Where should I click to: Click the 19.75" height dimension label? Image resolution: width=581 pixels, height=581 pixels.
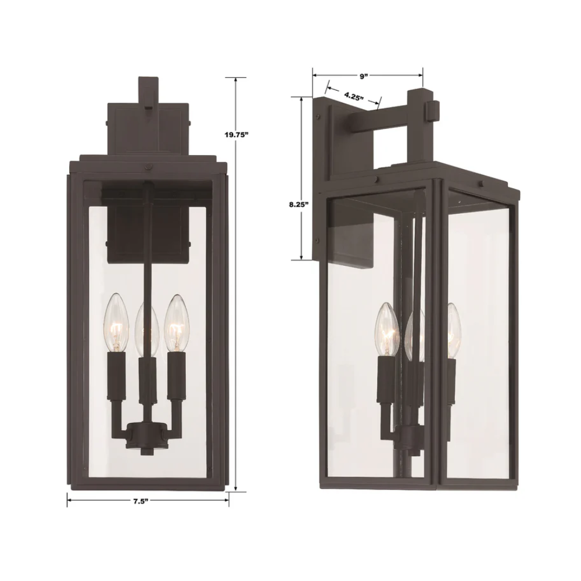pos(236,135)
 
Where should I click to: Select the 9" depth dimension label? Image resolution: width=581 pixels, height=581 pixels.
pos(364,76)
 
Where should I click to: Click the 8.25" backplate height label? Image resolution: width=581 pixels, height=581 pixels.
pos(299,204)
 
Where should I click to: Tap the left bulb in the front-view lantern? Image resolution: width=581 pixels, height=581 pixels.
pos(116,322)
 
